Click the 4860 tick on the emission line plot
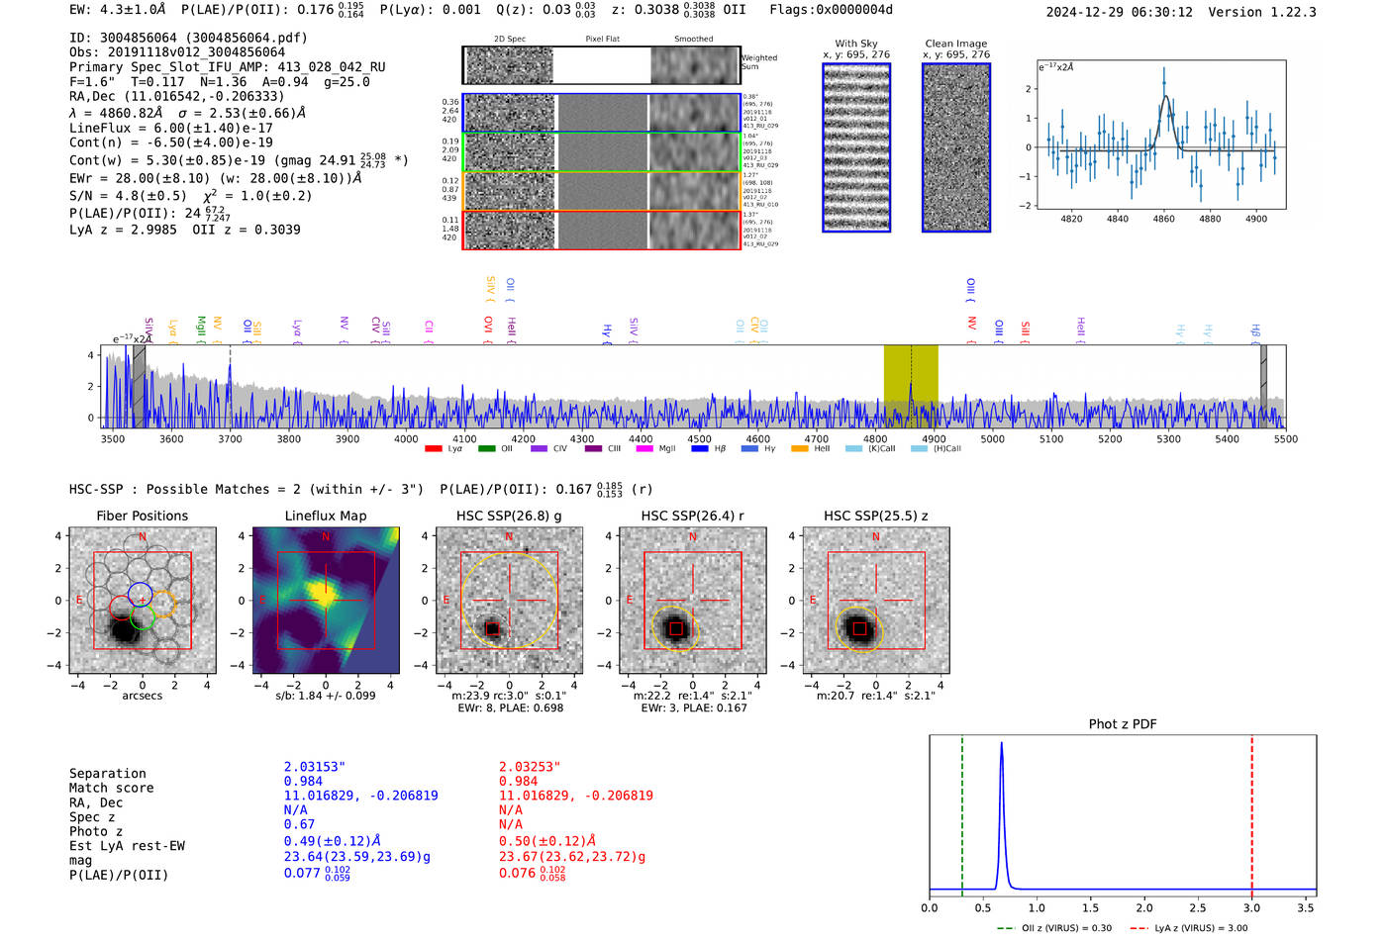[x=1163, y=219]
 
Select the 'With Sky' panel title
[x=856, y=44]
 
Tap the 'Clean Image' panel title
[x=955, y=44]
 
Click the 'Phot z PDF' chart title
[x=1123, y=724]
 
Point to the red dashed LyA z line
[x=1251, y=811]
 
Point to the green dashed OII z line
[x=961, y=811]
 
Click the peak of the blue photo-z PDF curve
[x=1002, y=743]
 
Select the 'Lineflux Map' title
[x=325, y=516]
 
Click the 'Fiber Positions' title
[x=142, y=516]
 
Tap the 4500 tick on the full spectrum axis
[x=699, y=438]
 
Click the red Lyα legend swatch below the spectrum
[x=433, y=449]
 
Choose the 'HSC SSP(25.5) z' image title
[x=875, y=516]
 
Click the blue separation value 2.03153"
[x=314, y=767]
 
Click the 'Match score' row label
[x=111, y=789]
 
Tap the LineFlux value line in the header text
[x=170, y=128]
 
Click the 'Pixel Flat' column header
[x=602, y=40]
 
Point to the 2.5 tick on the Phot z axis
[x=1198, y=907]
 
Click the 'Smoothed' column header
[x=693, y=40]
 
